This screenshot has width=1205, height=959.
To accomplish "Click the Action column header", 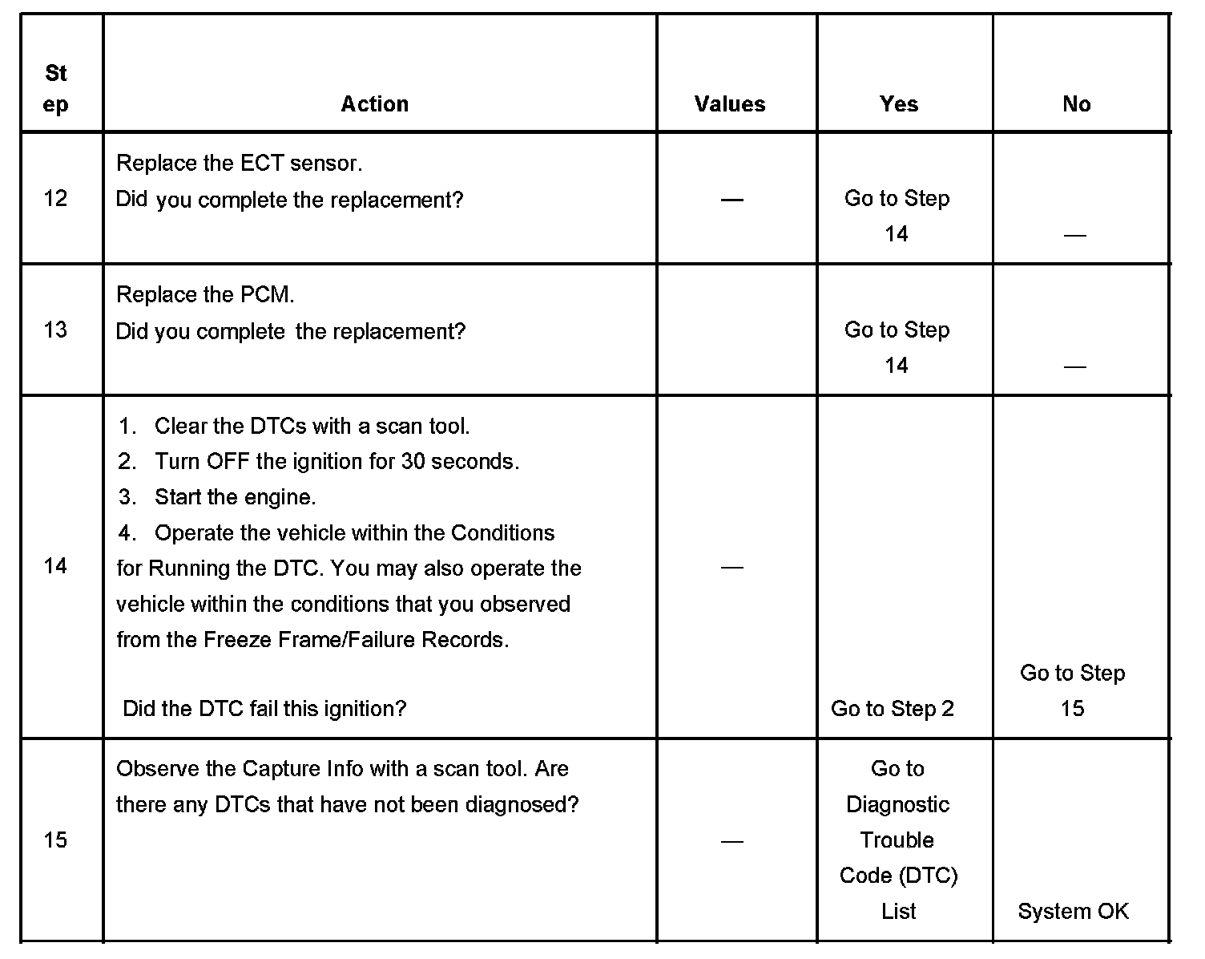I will click(374, 104).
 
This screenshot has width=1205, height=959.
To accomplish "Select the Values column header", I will click(729, 104).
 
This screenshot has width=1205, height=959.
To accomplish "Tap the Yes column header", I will click(898, 104).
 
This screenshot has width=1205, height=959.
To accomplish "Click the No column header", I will click(1076, 104).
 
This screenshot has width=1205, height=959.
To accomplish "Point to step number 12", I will click(55, 198).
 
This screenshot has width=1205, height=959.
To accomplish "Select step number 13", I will click(55, 330).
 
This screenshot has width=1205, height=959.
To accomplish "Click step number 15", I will click(55, 840).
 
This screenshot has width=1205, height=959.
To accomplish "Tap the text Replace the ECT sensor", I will click(239, 164).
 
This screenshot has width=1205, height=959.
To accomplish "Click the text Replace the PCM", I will click(205, 295).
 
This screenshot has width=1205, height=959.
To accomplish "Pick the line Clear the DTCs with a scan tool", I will click(311, 427).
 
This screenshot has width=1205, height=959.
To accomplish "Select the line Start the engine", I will click(235, 497).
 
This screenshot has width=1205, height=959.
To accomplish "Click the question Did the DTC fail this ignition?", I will click(264, 709).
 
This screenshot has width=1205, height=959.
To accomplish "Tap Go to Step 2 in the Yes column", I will click(893, 709).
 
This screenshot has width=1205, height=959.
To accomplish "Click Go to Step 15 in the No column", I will click(1072, 690).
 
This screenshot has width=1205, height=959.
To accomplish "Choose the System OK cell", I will click(1073, 912).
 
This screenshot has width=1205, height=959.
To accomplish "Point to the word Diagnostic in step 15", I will click(897, 804).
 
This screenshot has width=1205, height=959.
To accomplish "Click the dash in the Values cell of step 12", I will click(731, 199).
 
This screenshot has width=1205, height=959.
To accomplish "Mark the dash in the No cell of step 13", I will click(1074, 366).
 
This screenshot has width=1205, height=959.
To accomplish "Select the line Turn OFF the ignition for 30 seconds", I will click(337, 462).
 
